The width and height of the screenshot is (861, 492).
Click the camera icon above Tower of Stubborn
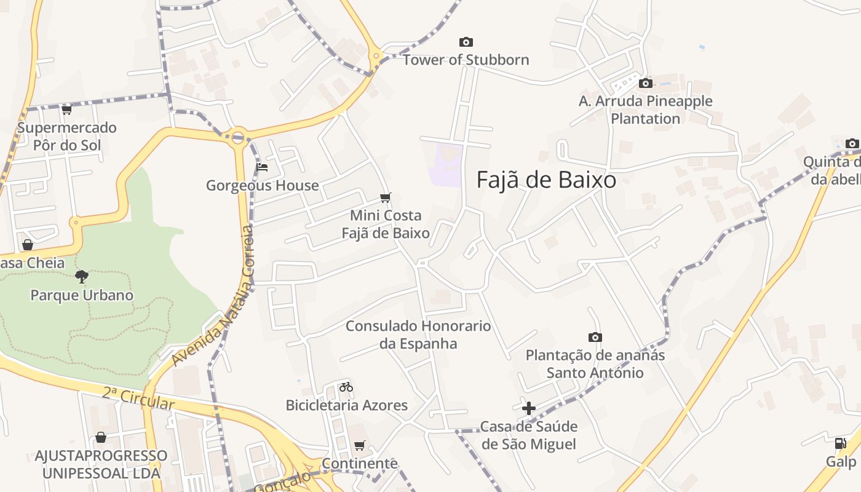click(x=466, y=42)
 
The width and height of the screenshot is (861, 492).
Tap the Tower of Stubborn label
click(x=466, y=60)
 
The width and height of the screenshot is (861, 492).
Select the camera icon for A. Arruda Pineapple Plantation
click(x=645, y=83)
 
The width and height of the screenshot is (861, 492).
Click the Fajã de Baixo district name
click(x=546, y=180)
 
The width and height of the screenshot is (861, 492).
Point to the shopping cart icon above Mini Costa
click(x=386, y=197)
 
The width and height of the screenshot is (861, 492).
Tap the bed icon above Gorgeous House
click(x=263, y=167)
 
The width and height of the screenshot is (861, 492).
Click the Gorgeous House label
click(x=263, y=185)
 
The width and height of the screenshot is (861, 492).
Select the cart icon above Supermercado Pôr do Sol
click(x=66, y=110)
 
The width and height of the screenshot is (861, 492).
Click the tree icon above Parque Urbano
click(x=82, y=276)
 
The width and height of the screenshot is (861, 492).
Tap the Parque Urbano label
click(x=82, y=295)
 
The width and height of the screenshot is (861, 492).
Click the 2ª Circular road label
click(x=139, y=399)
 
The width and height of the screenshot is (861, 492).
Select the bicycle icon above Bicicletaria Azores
click(x=346, y=387)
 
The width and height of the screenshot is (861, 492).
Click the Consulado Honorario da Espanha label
click(x=418, y=335)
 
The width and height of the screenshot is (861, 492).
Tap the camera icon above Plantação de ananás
click(x=595, y=337)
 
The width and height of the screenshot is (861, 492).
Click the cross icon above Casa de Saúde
click(x=528, y=408)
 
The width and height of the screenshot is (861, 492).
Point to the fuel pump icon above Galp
click(x=840, y=443)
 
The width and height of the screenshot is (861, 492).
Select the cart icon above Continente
click(x=360, y=445)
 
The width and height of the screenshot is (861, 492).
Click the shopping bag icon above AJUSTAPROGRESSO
click(x=101, y=437)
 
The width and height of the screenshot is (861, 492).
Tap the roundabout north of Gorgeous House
click(x=239, y=137)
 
